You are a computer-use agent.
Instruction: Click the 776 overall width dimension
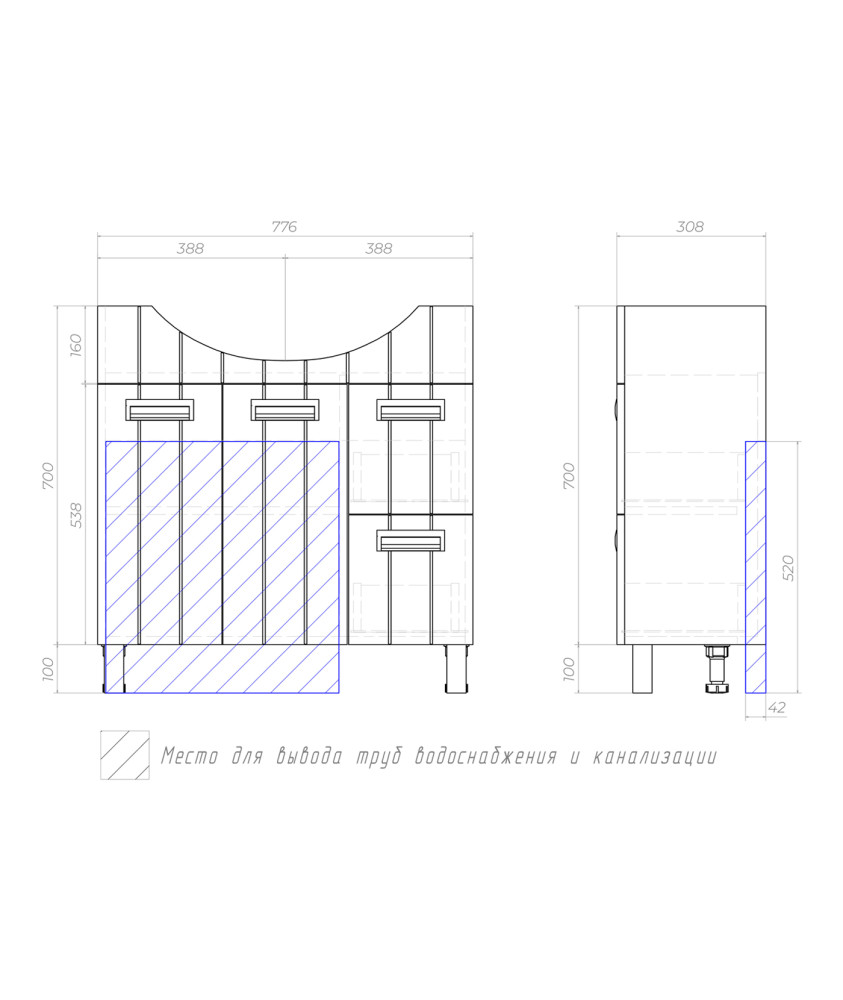[x=284, y=226]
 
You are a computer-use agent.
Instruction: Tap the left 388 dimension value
[x=190, y=248]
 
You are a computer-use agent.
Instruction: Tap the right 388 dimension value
[x=378, y=248]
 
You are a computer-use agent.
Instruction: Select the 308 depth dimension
[x=690, y=226]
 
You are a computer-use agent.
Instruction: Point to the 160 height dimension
[x=75, y=345]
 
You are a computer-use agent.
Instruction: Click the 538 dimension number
[x=75, y=515]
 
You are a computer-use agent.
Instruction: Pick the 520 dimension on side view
[x=788, y=568]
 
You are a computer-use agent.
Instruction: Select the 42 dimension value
[x=777, y=707]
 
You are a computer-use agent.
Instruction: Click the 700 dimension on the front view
[x=48, y=476]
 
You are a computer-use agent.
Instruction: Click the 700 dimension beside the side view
[x=569, y=476]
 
